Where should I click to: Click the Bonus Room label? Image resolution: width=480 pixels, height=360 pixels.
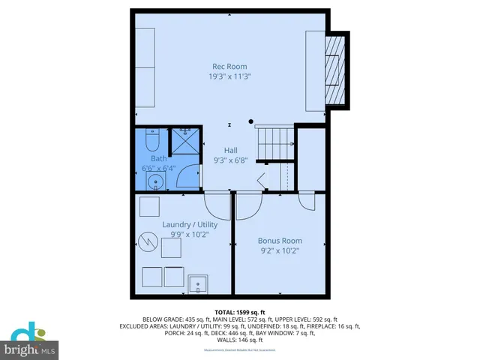tap(280, 241)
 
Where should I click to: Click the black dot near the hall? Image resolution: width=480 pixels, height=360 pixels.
tap(251, 121)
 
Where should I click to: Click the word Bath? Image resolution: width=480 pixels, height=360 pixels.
tap(159, 158)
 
